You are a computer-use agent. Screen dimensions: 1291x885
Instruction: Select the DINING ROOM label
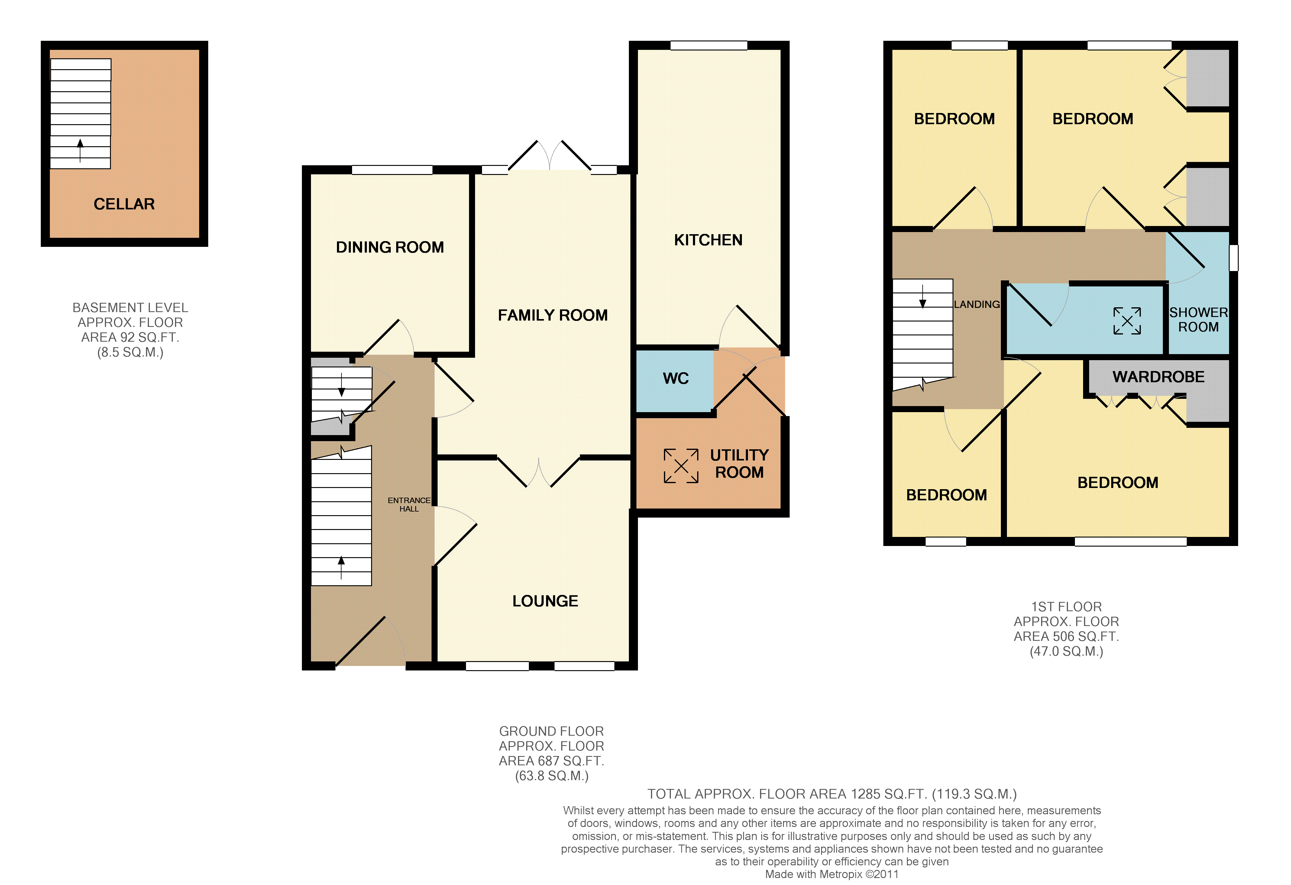[390, 247]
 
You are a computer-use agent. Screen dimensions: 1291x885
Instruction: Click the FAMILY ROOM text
[553, 315]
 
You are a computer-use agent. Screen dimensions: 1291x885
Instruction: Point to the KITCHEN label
[708, 240]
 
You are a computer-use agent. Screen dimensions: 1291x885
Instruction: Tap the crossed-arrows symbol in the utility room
[681, 466]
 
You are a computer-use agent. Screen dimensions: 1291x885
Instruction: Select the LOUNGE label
[545, 601]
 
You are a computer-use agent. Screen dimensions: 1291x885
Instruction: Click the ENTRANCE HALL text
[409, 505]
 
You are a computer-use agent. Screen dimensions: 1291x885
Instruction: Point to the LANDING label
[977, 305]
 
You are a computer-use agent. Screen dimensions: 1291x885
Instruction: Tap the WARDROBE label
[1158, 377]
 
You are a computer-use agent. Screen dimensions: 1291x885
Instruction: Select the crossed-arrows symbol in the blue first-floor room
[1127, 321]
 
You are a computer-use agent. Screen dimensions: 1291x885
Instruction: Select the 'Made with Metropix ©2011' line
[832, 874]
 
